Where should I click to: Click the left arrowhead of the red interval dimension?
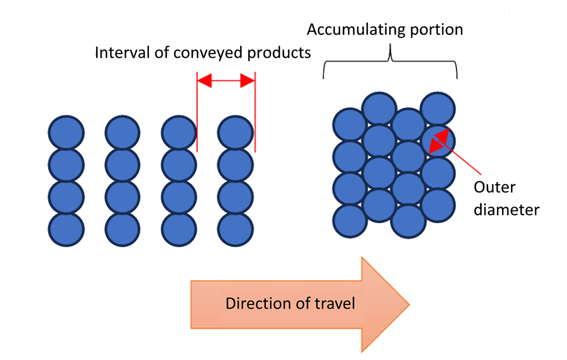pyautogui.click(x=205, y=81)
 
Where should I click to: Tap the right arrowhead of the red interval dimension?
pyautogui.click(x=248, y=81)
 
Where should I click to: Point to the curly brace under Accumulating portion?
pyautogui.click(x=391, y=62)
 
